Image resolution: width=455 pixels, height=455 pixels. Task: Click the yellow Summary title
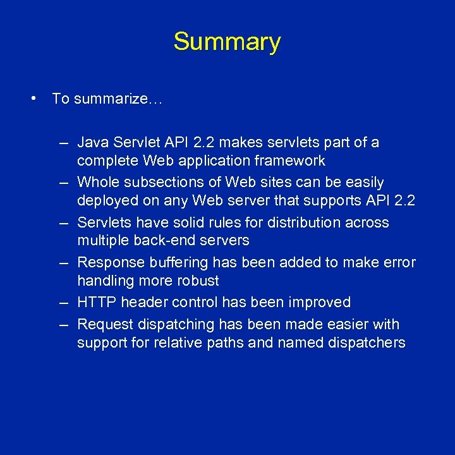coord(227,42)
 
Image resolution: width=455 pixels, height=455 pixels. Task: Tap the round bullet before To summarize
coord(31,99)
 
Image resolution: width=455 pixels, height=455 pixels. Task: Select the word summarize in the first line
coord(111,99)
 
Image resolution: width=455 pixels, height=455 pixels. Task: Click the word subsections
coord(164,183)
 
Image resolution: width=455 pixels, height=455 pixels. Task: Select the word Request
coord(105,324)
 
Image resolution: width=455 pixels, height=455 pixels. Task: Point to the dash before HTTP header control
coord(64,303)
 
